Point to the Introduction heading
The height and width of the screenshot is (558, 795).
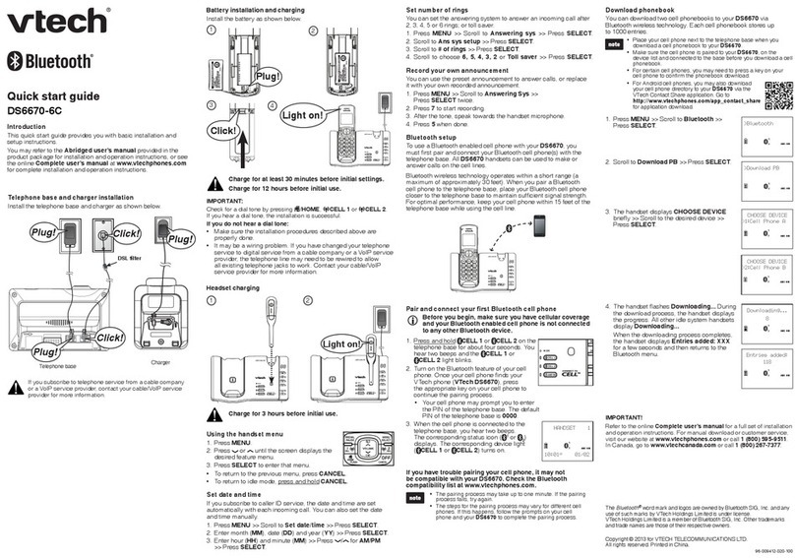click(x=29, y=128)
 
